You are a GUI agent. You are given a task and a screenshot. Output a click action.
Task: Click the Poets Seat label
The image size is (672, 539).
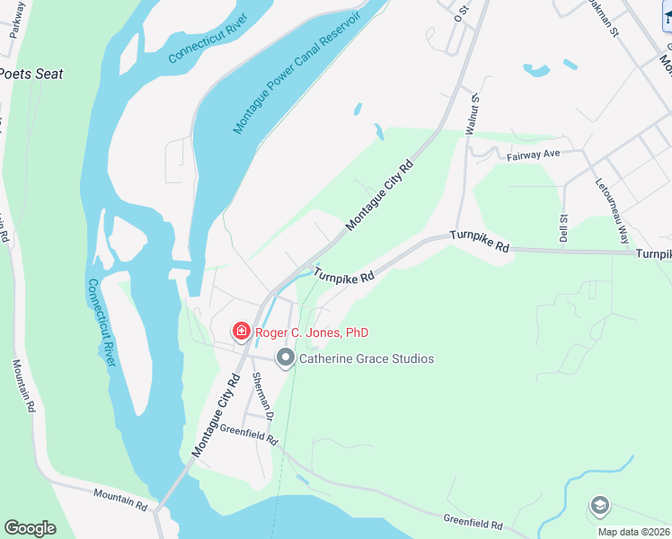[x=32, y=74]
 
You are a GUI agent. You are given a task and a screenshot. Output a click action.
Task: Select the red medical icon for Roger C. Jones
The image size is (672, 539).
[x=241, y=332]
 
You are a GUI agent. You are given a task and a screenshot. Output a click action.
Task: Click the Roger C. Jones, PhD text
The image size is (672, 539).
[x=312, y=332]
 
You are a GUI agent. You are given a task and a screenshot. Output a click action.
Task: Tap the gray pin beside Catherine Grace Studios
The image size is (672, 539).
[x=286, y=358]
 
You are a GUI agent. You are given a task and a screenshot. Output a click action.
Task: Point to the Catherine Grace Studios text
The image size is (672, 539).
[x=367, y=358]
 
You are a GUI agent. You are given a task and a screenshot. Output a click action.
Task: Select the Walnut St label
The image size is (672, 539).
[x=471, y=116]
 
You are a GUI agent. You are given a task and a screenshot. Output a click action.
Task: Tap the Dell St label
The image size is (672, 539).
[x=564, y=228]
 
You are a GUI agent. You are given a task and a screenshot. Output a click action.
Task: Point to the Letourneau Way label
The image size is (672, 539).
[x=612, y=211]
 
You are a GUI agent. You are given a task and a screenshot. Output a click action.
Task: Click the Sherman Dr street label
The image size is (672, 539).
[x=262, y=396]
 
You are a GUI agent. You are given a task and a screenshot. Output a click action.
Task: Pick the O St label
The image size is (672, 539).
[x=462, y=12]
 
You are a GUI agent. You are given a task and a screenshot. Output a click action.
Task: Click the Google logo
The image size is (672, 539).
[x=30, y=528]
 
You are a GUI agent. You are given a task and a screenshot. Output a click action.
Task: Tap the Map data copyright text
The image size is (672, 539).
[x=634, y=532]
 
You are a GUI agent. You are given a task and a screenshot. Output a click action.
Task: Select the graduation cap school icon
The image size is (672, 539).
[x=599, y=507]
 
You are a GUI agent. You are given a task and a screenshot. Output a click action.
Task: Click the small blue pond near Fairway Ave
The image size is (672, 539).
[x=537, y=69]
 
